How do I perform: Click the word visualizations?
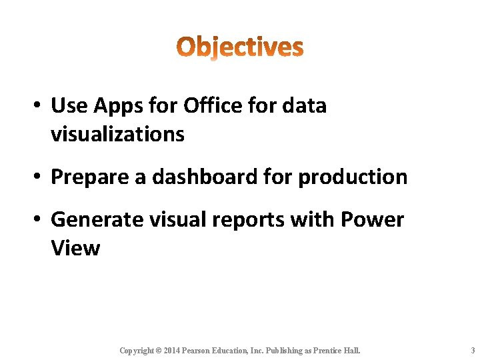[x=117, y=134]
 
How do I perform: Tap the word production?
[x=353, y=177]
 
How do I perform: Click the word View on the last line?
[x=75, y=248]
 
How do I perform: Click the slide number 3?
[x=472, y=350]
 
